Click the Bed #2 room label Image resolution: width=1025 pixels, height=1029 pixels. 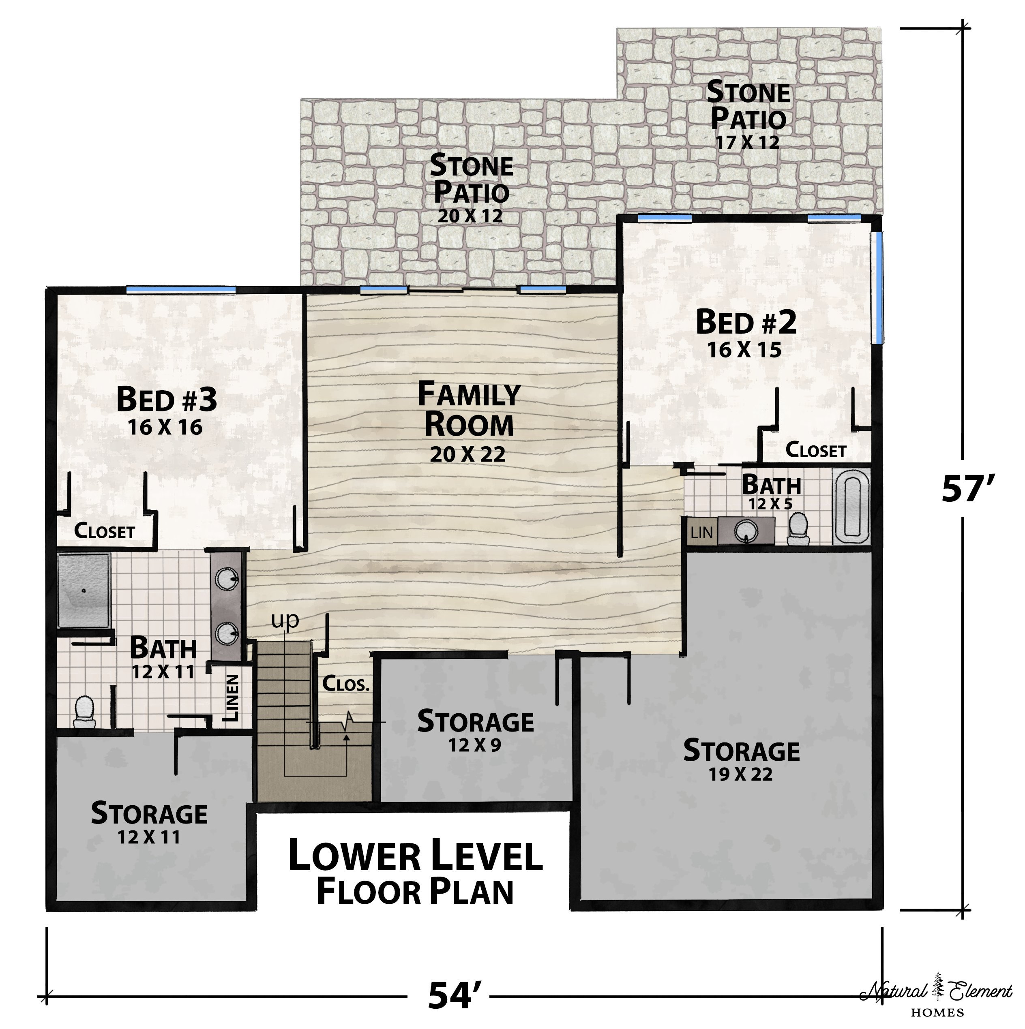746,322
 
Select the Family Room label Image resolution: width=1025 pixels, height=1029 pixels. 469,409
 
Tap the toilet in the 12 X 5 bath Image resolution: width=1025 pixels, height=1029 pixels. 799,528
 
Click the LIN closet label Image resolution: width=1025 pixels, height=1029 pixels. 701,532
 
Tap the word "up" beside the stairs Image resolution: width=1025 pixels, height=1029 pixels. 285,621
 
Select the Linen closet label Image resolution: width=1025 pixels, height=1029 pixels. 232,698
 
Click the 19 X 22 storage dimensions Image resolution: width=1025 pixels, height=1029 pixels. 740,774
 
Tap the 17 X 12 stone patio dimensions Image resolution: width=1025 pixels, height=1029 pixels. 748,142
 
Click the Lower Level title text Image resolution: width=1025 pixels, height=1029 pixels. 416,856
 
